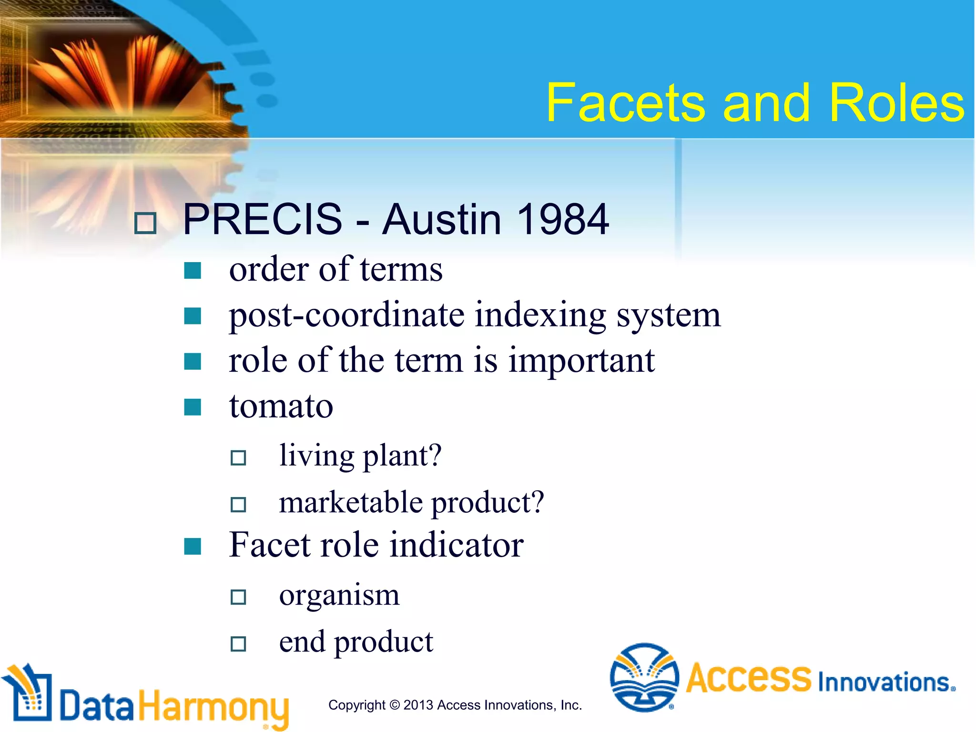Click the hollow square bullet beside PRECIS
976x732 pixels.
145,223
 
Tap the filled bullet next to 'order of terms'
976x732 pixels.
193,271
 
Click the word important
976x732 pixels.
581,361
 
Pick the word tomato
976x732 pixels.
281,406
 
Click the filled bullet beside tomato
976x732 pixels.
193,407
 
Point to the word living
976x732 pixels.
316,456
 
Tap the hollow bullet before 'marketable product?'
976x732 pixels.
238,504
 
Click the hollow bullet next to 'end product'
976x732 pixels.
238,644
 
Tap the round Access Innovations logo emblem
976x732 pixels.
644,677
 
